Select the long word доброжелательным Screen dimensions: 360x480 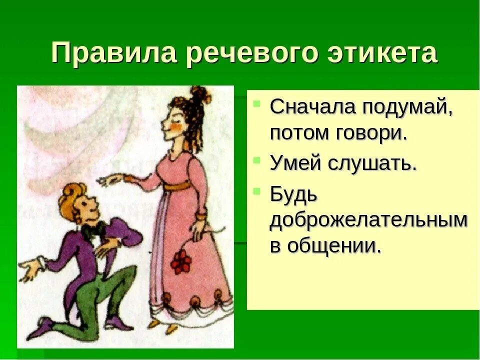[369, 221]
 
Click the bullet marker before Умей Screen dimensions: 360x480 [257, 161]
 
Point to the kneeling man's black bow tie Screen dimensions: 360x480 [93, 230]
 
